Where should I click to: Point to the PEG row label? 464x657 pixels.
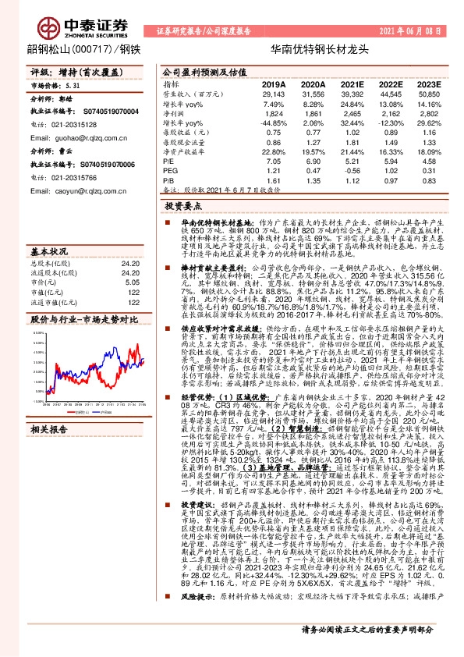point(171,171)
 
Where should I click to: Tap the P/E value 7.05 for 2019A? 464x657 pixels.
point(273,162)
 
